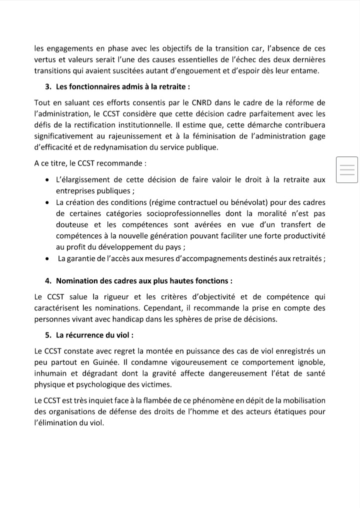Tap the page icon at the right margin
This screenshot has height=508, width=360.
[347, 168]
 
